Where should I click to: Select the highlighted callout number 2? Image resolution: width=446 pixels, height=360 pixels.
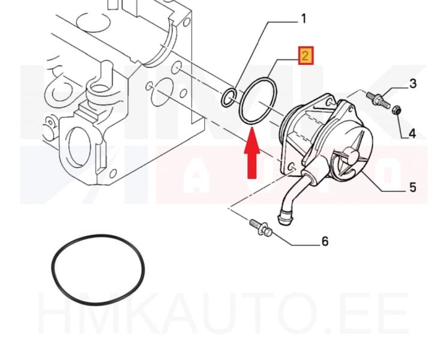pos(305,57)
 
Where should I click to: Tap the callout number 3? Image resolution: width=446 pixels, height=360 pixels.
pos(412,83)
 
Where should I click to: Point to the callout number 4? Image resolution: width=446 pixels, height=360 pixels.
pos(412,133)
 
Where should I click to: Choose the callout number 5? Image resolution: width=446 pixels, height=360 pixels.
pos(412,188)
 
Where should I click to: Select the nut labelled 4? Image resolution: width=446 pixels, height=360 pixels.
pos(396,110)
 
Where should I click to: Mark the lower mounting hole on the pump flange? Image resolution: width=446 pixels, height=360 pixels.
pos(291,167)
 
